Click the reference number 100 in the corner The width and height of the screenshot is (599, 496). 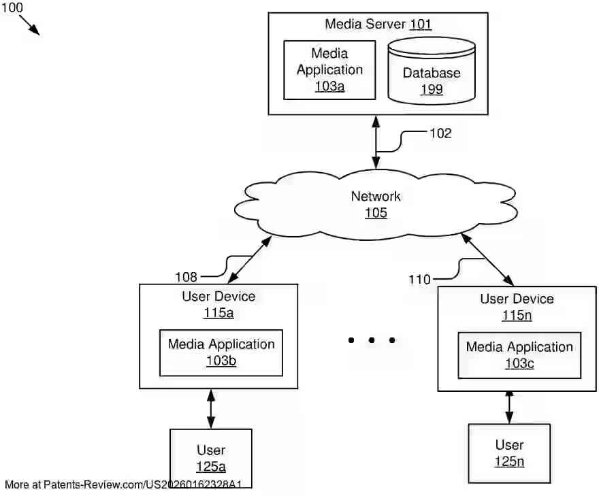click(12, 7)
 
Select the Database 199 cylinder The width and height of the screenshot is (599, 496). click(432, 71)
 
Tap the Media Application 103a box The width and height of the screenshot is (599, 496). click(329, 70)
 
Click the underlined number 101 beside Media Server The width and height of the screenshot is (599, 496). click(421, 24)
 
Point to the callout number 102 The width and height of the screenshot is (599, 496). click(440, 133)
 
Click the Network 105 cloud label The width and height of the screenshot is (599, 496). click(376, 204)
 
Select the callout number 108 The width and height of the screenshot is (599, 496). click(186, 277)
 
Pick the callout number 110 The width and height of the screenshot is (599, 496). click(419, 280)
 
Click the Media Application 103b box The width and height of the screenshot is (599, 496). click(221, 353)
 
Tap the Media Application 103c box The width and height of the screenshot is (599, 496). click(519, 355)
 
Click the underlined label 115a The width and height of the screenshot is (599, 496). click(218, 313)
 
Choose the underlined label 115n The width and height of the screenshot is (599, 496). click(517, 316)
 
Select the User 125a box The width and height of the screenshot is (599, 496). click(211, 458)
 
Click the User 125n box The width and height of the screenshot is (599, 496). click(509, 453)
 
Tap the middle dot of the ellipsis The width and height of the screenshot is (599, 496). click(372, 340)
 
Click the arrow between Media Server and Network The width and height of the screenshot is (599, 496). click(376, 142)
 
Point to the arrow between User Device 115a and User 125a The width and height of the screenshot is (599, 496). click(211, 409)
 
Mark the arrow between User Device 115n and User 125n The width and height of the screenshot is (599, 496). click(509, 408)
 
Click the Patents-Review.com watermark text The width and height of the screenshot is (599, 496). click(123, 484)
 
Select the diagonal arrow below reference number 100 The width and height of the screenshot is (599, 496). click(29, 25)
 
